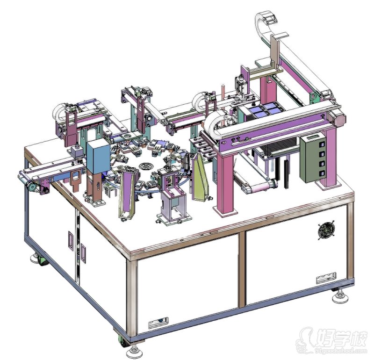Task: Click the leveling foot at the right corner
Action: tap(339, 296)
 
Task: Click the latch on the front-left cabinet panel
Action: tap(156, 322)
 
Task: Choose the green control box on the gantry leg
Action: tap(315, 159)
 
